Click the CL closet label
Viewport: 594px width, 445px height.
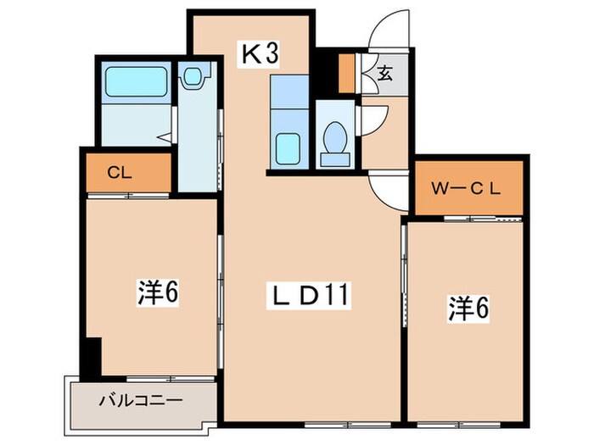pos(118,172)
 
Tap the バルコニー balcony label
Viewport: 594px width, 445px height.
pos(139,399)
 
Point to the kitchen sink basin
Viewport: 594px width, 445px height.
pos(290,149)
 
